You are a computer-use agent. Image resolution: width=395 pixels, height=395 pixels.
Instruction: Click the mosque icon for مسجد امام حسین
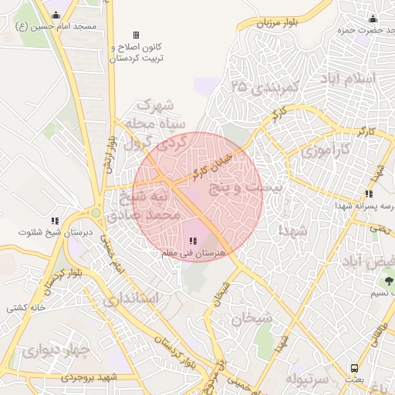tap(56, 15)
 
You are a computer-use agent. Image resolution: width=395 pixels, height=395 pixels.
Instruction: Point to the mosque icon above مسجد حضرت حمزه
tap(373, 19)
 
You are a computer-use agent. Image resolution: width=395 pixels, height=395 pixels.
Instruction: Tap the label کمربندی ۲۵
tap(262, 87)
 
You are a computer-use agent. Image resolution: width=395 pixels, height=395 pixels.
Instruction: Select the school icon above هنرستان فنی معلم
tap(193, 241)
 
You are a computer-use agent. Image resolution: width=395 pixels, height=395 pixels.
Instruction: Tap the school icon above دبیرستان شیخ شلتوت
tap(55, 221)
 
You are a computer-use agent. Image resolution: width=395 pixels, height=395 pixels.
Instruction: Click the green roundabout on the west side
tap(96, 212)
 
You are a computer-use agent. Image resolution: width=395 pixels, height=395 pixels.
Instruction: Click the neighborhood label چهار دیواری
tap(56, 352)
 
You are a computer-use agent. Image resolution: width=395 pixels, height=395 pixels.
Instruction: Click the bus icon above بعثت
tap(354, 368)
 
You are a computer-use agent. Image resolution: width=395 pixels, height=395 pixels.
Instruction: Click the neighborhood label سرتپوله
tap(308, 379)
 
